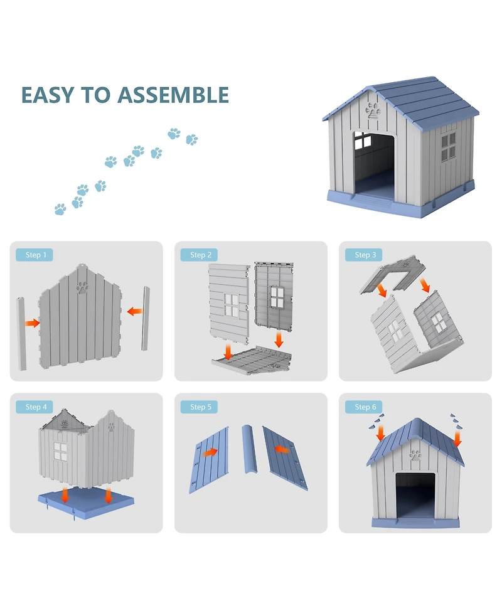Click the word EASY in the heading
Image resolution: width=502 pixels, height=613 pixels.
[x=48, y=95]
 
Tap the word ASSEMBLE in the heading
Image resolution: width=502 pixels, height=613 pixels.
[x=173, y=95]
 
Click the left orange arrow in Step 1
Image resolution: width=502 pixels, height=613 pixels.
[x=33, y=323]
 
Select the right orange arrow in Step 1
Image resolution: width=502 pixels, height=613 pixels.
[x=135, y=312]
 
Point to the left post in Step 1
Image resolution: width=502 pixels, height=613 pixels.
[x=21, y=334]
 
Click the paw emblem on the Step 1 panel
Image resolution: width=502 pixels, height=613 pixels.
[x=82, y=287]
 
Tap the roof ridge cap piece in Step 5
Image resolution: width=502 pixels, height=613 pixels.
[x=250, y=449]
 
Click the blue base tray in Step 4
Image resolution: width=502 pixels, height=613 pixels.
[x=86, y=503]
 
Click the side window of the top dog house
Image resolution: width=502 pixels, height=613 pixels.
[x=448, y=147]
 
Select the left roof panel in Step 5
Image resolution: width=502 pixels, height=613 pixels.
[x=209, y=460]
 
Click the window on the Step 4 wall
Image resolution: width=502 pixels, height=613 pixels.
[x=61, y=451]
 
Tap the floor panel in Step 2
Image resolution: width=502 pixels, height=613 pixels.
[x=252, y=360]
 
